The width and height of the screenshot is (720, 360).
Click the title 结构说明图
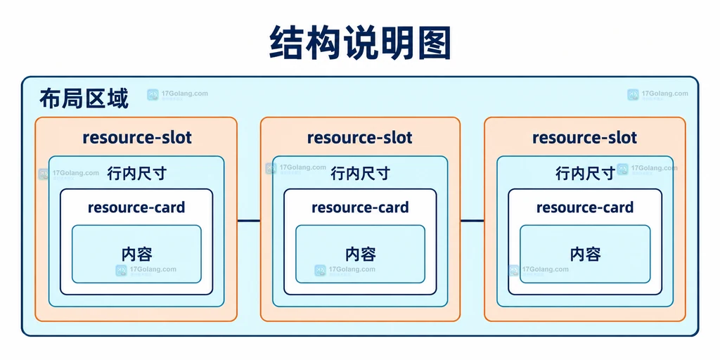tap(360, 43)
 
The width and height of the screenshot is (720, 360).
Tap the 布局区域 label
tap(84, 98)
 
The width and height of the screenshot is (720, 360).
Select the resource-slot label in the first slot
tap(137, 137)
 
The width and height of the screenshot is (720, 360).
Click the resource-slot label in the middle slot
tap(360, 137)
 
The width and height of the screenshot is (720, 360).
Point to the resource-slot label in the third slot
tap(584, 137)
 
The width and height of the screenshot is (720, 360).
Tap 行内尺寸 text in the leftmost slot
tap(136, 174)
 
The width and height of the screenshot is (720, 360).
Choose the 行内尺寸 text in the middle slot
tap(360, 174)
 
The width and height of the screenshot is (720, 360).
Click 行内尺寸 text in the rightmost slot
tap(585, 174)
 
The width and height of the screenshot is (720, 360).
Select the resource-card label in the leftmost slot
tap(136, 207)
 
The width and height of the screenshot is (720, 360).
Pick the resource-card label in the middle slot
tap(360, 207)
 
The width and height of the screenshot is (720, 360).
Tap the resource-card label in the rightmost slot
tap(585, 207)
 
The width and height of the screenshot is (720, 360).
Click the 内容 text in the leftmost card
tap(137, 254)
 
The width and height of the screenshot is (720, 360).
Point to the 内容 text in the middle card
tap(361, 254)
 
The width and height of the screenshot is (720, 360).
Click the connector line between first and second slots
tap(249, 221)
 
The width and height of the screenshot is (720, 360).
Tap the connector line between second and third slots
tap(472, 221)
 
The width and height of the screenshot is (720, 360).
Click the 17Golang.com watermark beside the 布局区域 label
tap(177, 95)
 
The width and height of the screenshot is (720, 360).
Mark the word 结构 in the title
tap(305, 43)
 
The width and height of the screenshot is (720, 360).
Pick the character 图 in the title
tap(433, 43)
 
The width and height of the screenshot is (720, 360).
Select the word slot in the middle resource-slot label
tap(395, 137)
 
